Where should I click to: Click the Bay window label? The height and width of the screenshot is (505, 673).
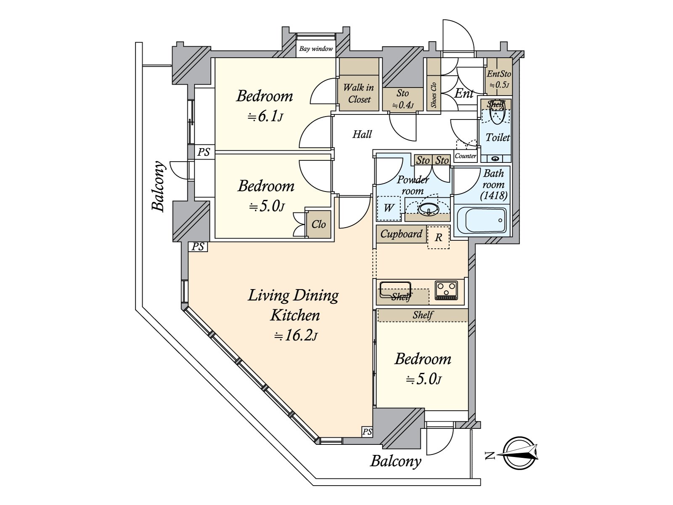pos(316,49)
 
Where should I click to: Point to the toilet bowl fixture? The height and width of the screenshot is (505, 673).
pos(497,114)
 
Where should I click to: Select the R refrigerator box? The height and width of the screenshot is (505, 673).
pos(438,237)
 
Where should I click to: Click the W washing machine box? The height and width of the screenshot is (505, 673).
pos(389,208)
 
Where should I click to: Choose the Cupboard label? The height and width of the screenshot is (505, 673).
pos(401,234)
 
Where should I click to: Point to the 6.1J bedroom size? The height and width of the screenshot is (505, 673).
pos(265,117)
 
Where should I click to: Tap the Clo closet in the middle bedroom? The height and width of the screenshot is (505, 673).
pos(318,224)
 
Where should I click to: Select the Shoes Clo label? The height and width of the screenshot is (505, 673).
pos(434,94)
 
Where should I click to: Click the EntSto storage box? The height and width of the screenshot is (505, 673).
pos(498,79)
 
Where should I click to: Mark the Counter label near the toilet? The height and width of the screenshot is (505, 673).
pos(466,156)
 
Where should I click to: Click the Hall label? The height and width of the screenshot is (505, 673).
pos(362,134)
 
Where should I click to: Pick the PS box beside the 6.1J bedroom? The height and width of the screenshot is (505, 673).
pos(204,151)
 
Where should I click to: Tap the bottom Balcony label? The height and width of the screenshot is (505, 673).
pos(395,461)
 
